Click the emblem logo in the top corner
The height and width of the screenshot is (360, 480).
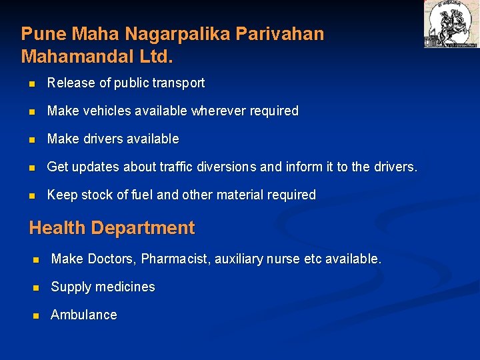[x=451, y=24]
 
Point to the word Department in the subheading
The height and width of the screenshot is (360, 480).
[x=143, y=228]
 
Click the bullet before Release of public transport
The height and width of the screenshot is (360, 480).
[x=31, y=84]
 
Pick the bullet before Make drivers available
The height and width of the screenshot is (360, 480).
[x=31, y=140]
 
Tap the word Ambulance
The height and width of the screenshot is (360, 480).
[x=84, y=315]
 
